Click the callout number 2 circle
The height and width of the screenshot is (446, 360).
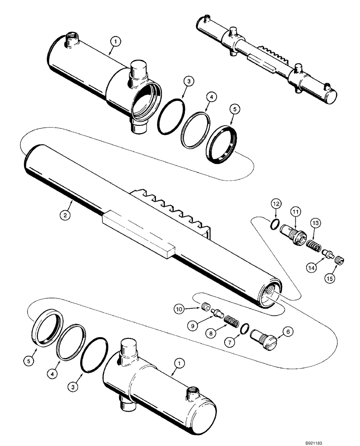[65, 215]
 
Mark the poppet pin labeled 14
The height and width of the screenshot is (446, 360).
[328, 253]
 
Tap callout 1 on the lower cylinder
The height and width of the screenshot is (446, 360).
[178, 364]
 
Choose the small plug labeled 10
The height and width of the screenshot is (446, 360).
[205, 307]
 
